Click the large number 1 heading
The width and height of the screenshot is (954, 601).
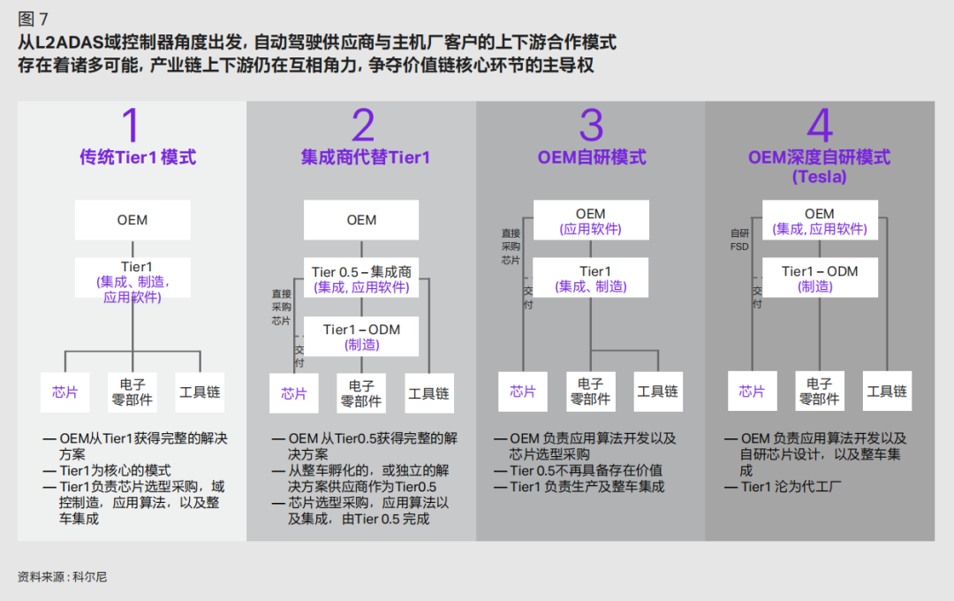131,126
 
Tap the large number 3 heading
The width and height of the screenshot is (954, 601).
591,126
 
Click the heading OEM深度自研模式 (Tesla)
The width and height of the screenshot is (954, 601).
819,166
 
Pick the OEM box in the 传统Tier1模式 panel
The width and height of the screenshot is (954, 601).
132,220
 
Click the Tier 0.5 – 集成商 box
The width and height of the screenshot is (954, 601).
361,279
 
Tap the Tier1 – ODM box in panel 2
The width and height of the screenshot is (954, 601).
361,337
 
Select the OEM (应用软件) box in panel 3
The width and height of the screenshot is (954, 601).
591,221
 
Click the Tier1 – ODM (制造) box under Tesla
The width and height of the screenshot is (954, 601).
820,278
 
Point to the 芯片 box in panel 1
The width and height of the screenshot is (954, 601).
65,392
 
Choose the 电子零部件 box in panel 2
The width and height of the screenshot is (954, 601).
361,392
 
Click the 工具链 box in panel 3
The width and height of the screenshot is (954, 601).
658,392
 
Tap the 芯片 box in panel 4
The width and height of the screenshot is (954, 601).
752,392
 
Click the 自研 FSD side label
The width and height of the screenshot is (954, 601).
739,240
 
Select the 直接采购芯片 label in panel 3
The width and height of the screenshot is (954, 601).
511,247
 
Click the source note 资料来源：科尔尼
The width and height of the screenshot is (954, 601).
62,576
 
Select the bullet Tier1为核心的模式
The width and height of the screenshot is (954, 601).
115,471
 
